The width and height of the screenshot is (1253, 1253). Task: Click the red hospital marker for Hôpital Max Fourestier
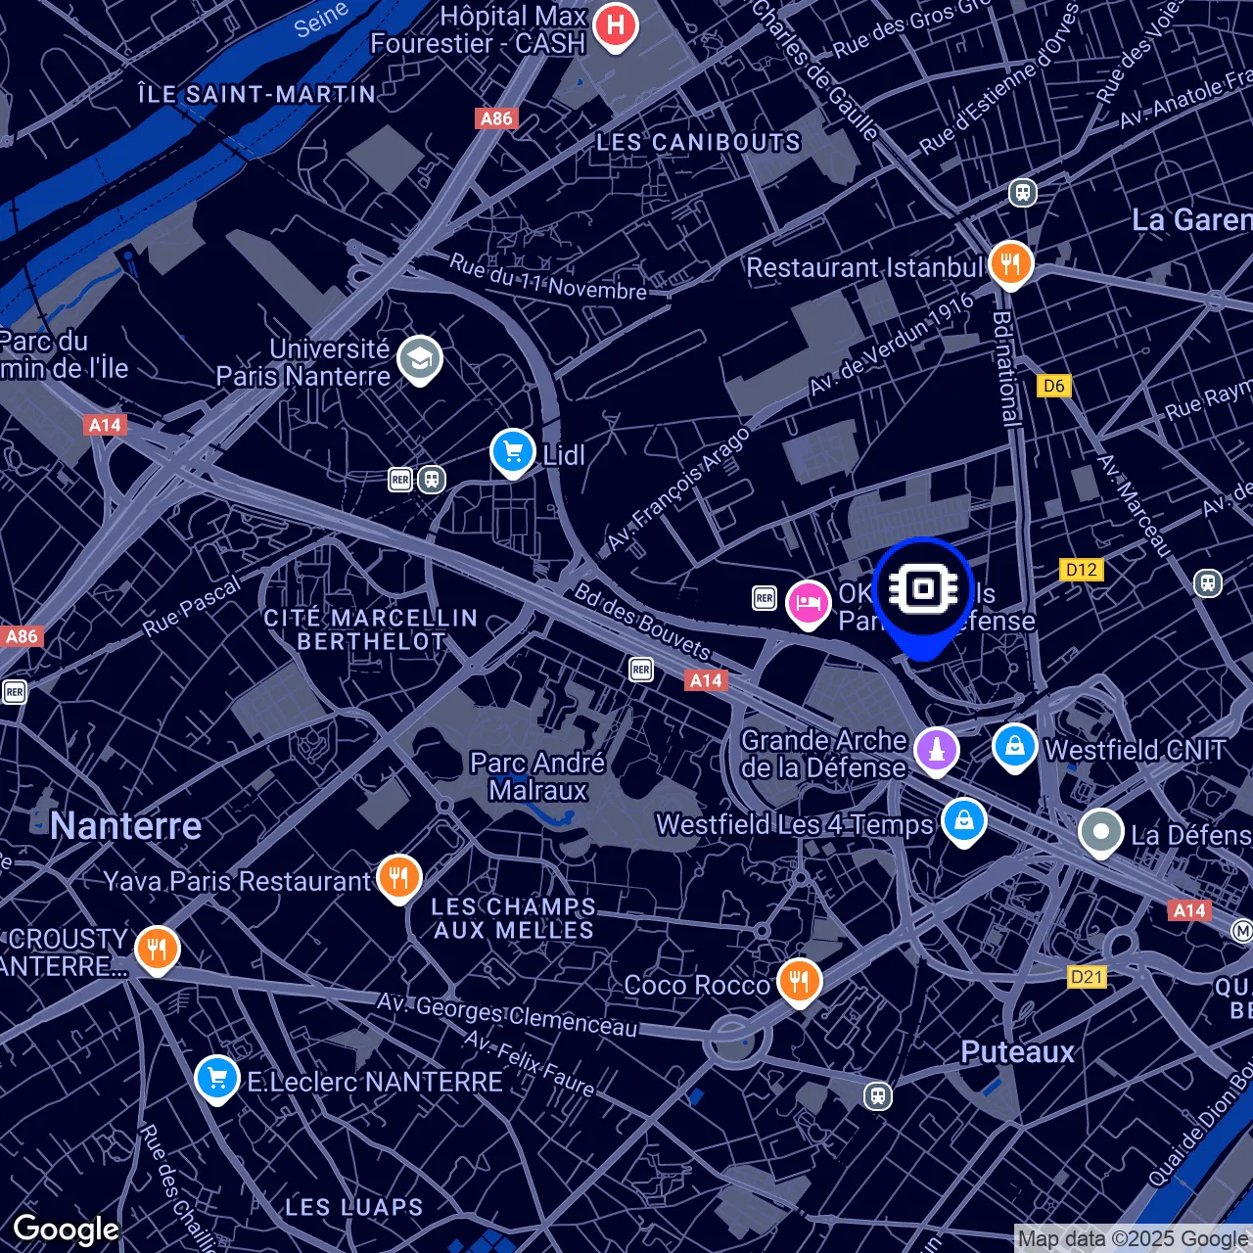615,24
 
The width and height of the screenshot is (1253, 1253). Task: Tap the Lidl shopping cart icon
512,452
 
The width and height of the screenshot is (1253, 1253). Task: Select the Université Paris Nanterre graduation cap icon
419,359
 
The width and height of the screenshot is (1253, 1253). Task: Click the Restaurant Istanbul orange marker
1010,263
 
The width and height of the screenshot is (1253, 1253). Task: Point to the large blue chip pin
922,589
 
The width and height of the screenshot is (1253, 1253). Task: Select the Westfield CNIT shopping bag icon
1014,746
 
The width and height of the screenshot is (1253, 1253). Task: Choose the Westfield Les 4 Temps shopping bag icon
963,820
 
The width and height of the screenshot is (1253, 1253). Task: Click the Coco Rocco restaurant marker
800,980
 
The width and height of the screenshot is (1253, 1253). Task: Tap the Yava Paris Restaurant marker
398,876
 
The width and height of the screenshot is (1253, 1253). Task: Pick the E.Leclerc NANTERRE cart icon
216,1079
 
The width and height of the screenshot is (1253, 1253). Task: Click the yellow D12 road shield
1081,570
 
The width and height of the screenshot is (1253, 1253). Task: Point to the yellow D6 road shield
1053,386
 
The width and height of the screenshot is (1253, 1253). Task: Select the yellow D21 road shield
1087,976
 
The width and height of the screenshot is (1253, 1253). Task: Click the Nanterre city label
126,826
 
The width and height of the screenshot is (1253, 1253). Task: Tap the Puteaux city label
1017,1052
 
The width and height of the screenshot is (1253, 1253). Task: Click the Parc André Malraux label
537,776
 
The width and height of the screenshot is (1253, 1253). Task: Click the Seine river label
321,20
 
